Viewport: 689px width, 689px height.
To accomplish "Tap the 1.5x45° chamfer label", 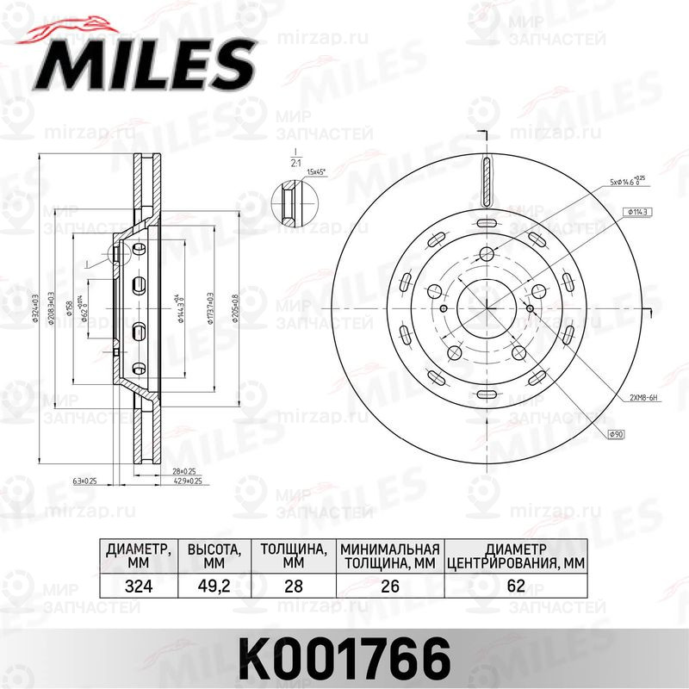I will (x=318, y=171).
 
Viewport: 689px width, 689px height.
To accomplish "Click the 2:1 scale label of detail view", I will (x=295, y=161).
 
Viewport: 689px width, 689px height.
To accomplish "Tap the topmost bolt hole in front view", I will (x=486, y=253).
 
